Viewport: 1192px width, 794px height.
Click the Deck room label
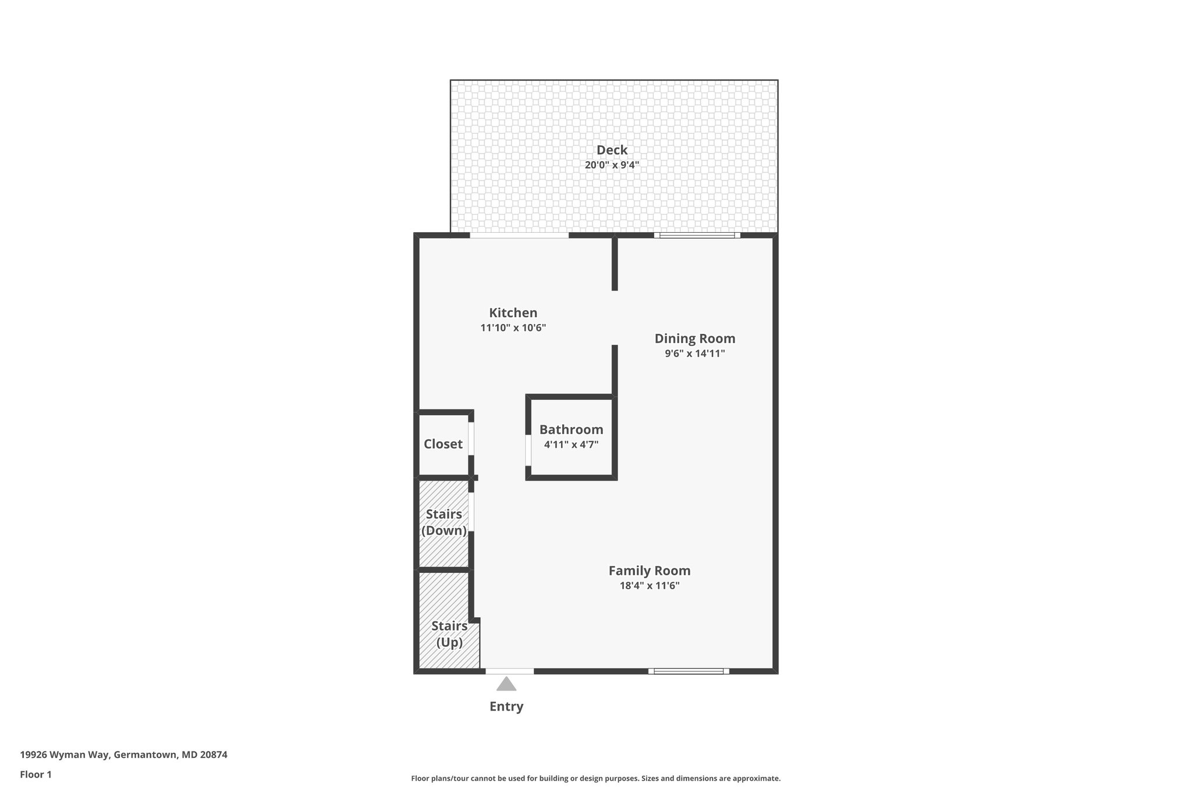(612, 150)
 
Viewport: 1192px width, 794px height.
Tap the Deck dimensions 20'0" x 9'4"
(612, 165)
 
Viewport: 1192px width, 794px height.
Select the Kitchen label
(513, 313)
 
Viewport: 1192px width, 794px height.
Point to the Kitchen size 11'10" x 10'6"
(513, 327)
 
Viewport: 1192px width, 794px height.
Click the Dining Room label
(695, 339)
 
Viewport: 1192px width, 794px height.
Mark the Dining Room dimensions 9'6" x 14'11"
(695, 353)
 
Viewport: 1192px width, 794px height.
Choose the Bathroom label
(571, 430)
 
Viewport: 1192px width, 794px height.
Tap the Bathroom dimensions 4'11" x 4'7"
(571, 444)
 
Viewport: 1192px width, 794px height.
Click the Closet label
(443, 444)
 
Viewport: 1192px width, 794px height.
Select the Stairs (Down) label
(444, 522)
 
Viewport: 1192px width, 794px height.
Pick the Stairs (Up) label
(449, 634)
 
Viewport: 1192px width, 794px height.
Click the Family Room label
(650, 571)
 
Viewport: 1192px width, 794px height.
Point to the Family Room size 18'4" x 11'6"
(650, 585)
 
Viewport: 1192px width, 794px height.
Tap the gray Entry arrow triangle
(506, 684)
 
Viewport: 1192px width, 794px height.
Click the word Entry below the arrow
(506, 706)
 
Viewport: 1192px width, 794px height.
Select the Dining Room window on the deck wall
(697, 236)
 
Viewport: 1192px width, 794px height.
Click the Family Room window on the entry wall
(689, 671)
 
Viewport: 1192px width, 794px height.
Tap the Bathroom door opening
(528, 450)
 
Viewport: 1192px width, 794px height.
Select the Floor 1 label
(36, 775)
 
